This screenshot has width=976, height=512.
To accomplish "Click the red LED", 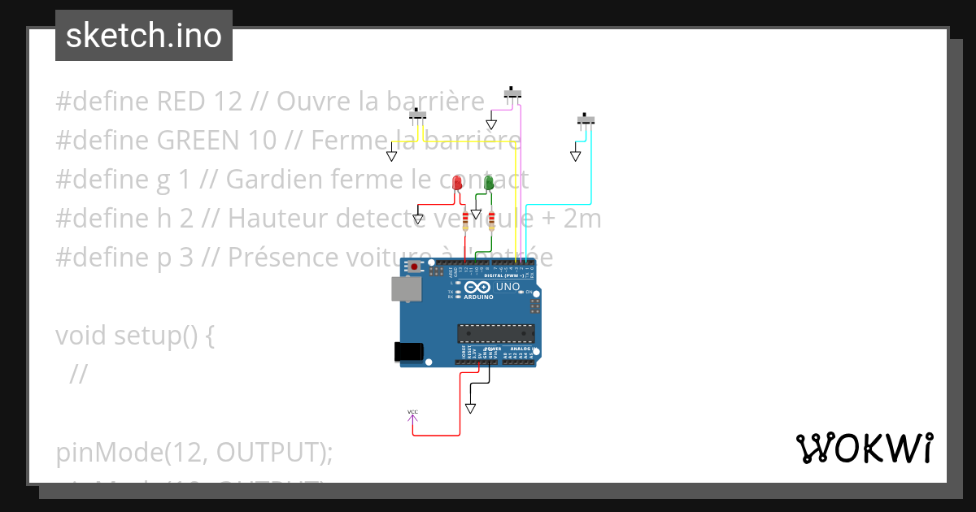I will pyautogui.click(x=457, y=183).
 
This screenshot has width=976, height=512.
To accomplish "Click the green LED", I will pyautogui.click(x=489, y=183).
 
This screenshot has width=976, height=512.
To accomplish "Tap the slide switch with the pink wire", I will pyautogui.click(x=512, y=93).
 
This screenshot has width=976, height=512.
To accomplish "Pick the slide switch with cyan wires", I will pyautogui.click(x=586, y=120).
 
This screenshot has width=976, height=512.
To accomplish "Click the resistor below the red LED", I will pyautogui.click(x=465, y=219).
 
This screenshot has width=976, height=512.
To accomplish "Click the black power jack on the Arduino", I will pyautogui.click(x=408, y=351).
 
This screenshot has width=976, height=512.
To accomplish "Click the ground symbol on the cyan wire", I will pyautogui.click(x=576, y=154).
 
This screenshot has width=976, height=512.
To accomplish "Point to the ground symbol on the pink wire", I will pyautogui.click(x=491, y=125).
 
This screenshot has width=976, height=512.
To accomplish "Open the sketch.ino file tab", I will pyautogui.click(x=143, y=36).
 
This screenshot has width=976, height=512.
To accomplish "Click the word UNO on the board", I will pyautogui.click(x=508, y=287).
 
